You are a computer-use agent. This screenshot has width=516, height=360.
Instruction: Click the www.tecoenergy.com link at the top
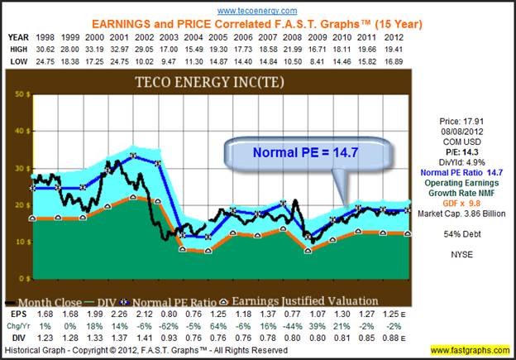tap(258, 11)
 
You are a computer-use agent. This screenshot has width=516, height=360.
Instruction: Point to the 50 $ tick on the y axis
tap(18, 95)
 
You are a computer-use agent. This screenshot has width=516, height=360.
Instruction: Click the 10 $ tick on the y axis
tap(18, 241)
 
